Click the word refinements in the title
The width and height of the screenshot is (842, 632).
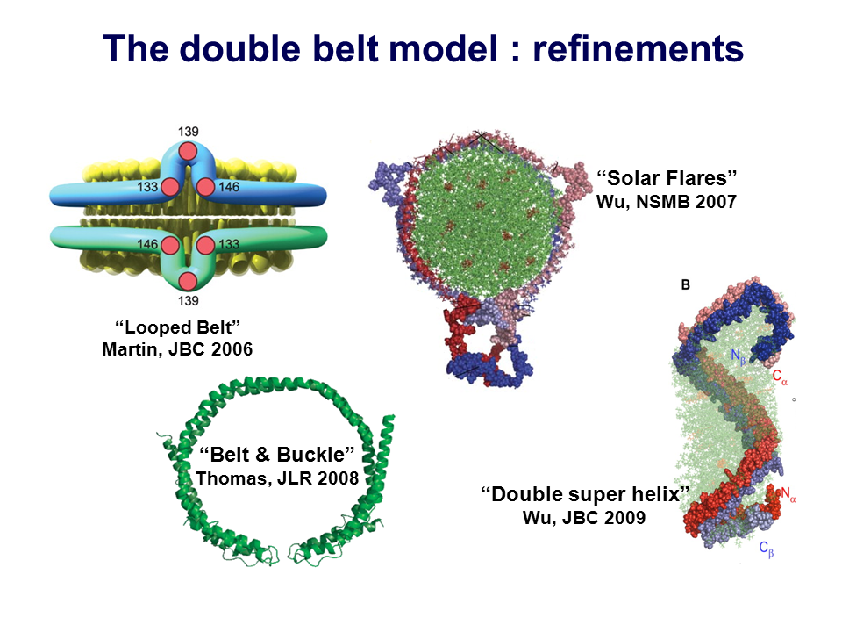click(x=638, y=48)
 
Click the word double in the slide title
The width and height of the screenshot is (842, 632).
click(x=240, y=48)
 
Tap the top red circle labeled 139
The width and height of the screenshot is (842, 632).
click(x=188, y=152)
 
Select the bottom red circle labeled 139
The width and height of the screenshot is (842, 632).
click(x=188, y=281)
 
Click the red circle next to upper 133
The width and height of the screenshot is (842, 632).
click(x=170, y=187)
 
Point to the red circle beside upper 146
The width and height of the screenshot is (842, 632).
click(x=205, y=187)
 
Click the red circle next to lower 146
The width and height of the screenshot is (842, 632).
click(x=170, y=245)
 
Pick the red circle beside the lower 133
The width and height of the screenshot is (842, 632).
click(x=205, y=245)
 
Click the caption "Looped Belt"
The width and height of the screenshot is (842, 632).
click(x=177, y=327)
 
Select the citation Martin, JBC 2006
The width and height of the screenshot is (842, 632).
click(x=177, y=349)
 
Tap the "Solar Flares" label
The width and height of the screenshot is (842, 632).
click(x=667, y=178)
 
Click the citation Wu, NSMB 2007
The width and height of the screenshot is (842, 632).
click(x=667, y=202)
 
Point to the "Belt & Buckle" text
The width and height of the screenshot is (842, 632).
click(x=276, y=455)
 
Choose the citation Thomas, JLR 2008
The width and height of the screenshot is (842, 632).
click(x=277, y=478)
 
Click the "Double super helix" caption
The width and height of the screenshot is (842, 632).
click(x=585, y=494)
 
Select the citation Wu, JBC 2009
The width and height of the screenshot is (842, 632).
click(x=584, y=518)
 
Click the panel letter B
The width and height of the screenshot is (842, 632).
click(x=686, y=284)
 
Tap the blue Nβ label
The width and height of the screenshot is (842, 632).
click(x=739, y=357)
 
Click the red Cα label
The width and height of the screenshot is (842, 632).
click(x=780, y=377)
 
